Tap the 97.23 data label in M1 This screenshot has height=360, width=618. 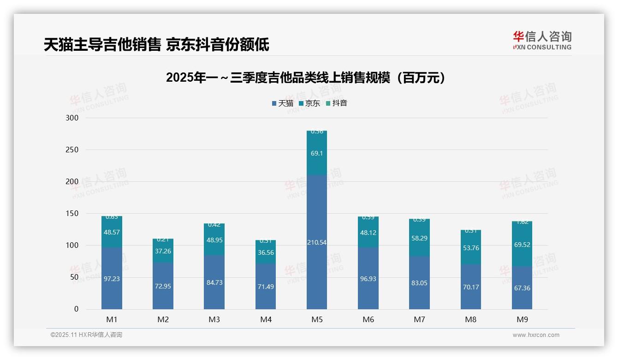point(112,279)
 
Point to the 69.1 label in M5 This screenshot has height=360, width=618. point(317,153)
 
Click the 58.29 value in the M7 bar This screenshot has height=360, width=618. point(419,238)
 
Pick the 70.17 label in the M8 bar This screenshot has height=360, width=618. point(471,287)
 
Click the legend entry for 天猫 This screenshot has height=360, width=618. point(283,103)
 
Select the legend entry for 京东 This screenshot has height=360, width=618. point(309,103)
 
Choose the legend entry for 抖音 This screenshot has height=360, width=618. point(337,103)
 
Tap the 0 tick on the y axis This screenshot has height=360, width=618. point(77,309)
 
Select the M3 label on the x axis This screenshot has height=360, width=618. point(214,319)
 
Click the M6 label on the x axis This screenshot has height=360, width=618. point(368,319)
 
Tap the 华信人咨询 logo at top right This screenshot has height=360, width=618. point(542,41)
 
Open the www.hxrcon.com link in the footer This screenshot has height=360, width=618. point(536,335)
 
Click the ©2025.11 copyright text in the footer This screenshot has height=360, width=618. point(86,335)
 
